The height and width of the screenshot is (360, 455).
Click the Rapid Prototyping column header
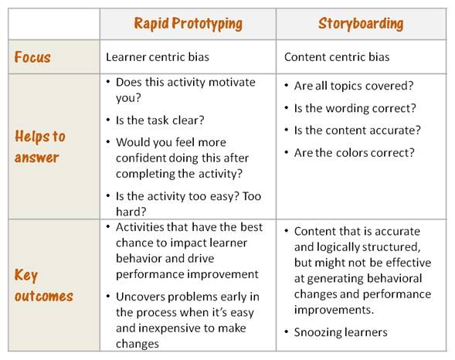(x=188, y=24)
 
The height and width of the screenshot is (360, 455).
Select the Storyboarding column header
(x=361, y=24)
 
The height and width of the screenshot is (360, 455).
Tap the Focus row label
(x=32, y=57)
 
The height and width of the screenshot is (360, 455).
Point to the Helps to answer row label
(x=40, y=147)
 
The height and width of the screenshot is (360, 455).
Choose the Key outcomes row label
(x=44, y=285)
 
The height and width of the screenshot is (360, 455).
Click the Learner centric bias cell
(x=158, y=57)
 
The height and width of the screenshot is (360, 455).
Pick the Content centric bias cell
(x=337, y=57)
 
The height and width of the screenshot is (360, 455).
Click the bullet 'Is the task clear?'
(x=160, y=120)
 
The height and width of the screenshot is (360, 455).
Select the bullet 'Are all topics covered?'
(x=354, y=86)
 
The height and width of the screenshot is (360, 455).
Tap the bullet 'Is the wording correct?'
(x=355, y=108)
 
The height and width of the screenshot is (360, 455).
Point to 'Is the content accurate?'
(x=357, y=131)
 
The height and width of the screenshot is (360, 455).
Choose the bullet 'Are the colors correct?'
(x=355, y=153)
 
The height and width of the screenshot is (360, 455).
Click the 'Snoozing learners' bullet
(x=341, y=332)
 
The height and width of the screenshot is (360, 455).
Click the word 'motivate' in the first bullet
(x=232, y=83)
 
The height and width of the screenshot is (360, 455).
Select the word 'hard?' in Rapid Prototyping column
(x=131, y=212)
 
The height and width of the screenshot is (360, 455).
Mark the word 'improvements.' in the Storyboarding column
(x=334, y=310)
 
